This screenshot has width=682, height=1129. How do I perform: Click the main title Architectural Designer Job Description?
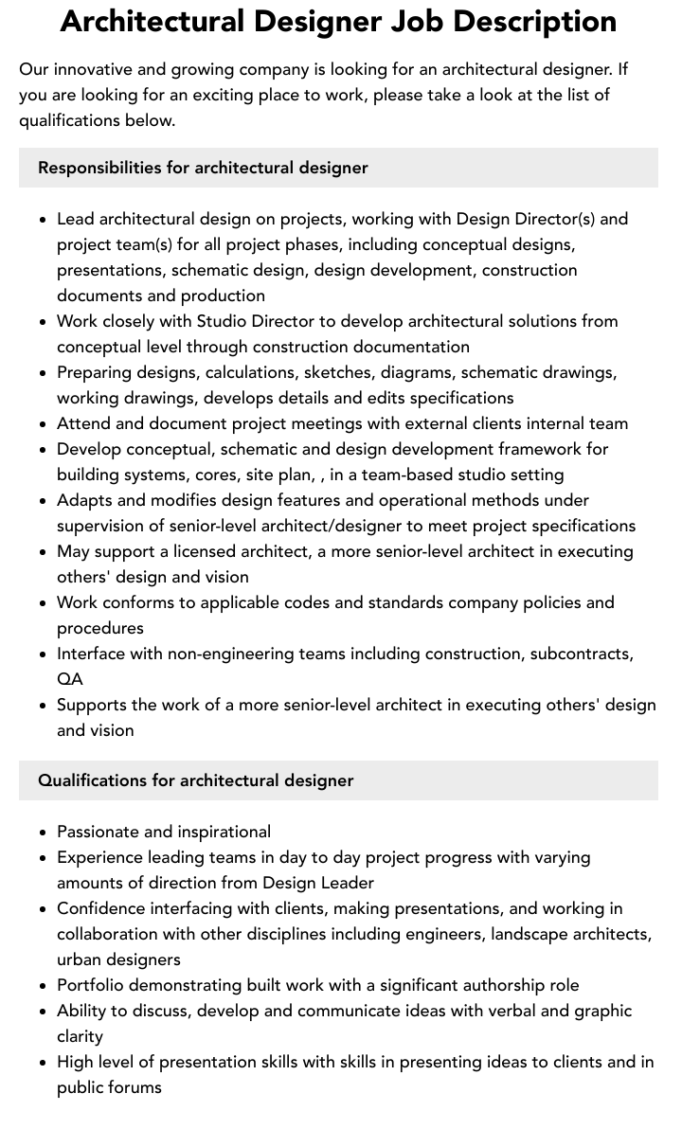(338, 21)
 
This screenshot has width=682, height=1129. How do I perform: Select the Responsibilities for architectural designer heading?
(203, 168)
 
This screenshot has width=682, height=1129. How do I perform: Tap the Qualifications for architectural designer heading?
(195, 780)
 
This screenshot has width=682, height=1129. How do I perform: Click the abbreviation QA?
(69, 679)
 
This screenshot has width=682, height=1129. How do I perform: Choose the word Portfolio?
(93, 985)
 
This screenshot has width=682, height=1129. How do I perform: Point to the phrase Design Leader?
(318, 883)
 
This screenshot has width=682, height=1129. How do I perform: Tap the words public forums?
(109, 1087)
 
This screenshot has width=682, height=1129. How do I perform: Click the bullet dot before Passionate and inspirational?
(44, 833)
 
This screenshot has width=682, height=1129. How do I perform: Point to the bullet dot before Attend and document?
(44, 424)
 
